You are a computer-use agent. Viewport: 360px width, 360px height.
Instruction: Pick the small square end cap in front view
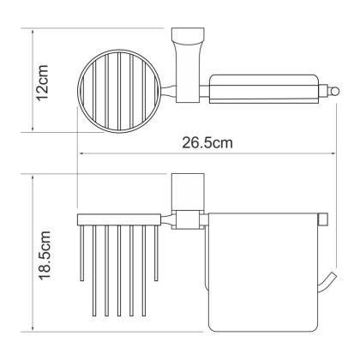point(323,221)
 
